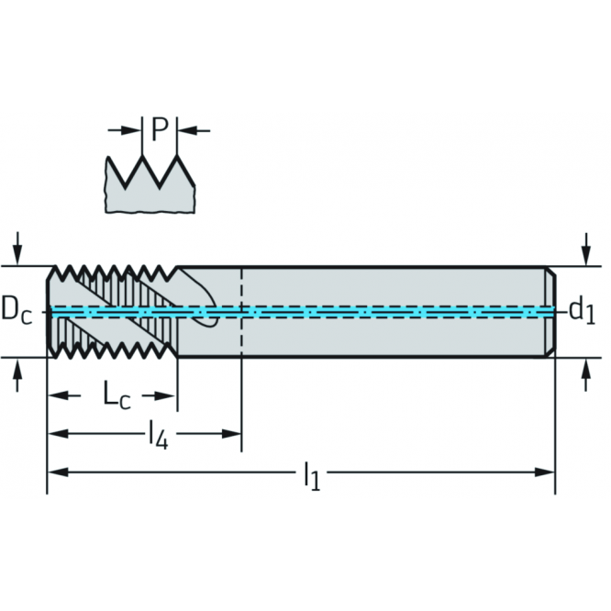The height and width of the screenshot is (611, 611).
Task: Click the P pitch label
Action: point(160,129)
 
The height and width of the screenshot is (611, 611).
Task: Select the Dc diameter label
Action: point(17,311)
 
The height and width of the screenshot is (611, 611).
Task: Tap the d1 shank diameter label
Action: point(583,311)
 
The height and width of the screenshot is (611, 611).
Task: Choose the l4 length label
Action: point(159,436)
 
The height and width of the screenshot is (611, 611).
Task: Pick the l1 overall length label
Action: point(312,476)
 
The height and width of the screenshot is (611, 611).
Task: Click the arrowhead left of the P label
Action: point(131,130)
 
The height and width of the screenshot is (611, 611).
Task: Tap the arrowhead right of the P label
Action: point(188,130)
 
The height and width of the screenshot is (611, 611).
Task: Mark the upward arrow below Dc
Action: point(17,375)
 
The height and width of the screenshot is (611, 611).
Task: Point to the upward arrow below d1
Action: point(586,375)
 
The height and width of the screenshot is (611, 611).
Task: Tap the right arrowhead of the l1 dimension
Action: point(544,472)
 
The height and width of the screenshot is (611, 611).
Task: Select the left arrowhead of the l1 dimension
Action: point(58,472)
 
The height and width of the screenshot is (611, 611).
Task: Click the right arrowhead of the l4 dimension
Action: point(231,433)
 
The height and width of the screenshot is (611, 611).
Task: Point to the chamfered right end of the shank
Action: point(550,312)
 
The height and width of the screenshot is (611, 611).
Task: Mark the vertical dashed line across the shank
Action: point(242,312)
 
